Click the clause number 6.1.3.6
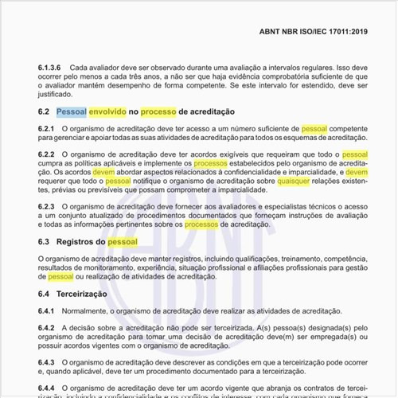coord(49,68)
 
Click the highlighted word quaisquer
coord(294,181)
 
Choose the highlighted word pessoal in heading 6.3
coord(123,241)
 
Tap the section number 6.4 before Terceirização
coord(44,294)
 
